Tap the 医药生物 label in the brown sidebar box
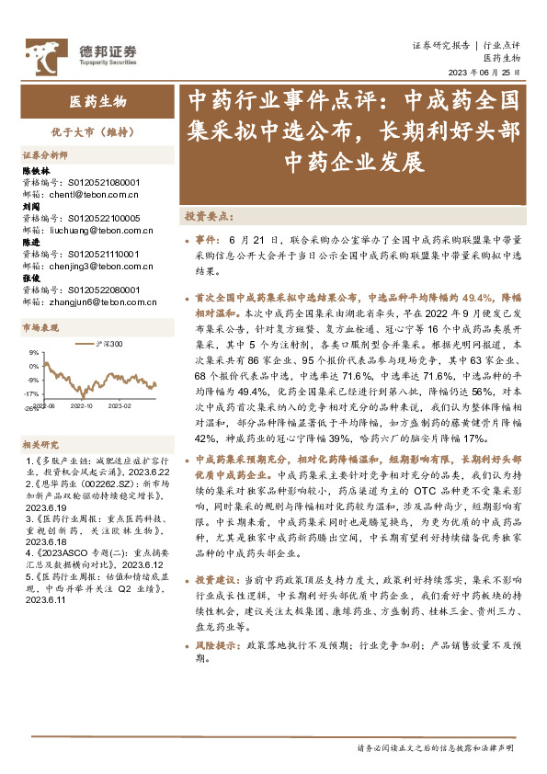(x=98, y=102)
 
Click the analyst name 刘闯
(x=31, y=207)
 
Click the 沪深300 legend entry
(x=109, y=343)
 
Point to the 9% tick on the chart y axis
(x=33, y=352)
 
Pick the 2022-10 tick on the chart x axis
(x=82, y=403)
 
